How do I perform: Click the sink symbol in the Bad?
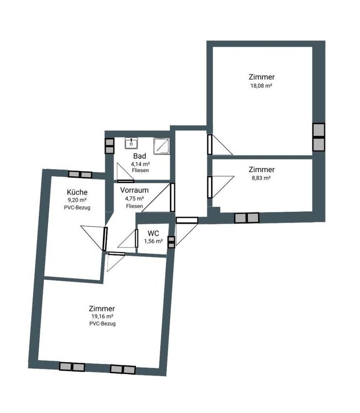point(131,143)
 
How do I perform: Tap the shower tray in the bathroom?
point(162,146)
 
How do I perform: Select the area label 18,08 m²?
point(261,86)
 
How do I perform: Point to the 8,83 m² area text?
point(261,178)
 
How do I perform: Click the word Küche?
point(77,192)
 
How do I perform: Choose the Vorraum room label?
point(134,190)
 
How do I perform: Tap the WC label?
point(153,233)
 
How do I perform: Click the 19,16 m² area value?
point(102,316)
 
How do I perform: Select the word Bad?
point(139,156)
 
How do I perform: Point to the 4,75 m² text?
point(134,198)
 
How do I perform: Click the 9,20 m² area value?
point(77,200)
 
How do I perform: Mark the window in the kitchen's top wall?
point(80,174)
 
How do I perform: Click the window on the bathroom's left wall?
point(109,146)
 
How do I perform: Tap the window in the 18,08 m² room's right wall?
point(319,137)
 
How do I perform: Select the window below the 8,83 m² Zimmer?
point(247,218)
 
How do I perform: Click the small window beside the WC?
point(171,242)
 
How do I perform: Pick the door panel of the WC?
point(137,239)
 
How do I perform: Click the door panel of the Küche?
point(105,239)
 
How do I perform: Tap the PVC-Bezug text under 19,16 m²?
point(103,324)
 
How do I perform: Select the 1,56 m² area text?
point(153,241)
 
